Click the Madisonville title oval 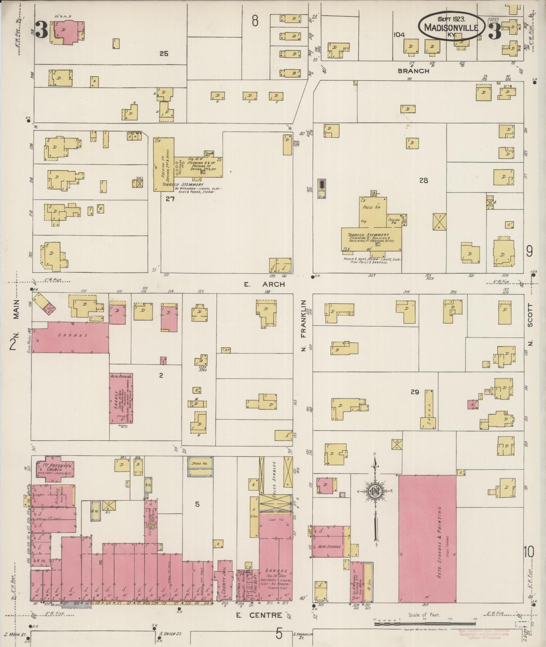pyautogui.click(x=451, y=25)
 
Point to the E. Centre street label pyautogui.click(x=259, y=615)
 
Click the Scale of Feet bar pyautogui.click(x=425, y=624)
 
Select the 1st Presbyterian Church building pyautogui.click(x=56, y=470)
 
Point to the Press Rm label pyautogui.click(x=373, y=207)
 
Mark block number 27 pyautogui.click(x=170, y=199)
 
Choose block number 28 pyautogui.click(x=423, y=180)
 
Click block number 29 pyautogui.click(x=415, y=392)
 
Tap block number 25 pyautogui.click(x=163, y=54)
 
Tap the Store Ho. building pyautogui.click(x=200, y=467)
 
